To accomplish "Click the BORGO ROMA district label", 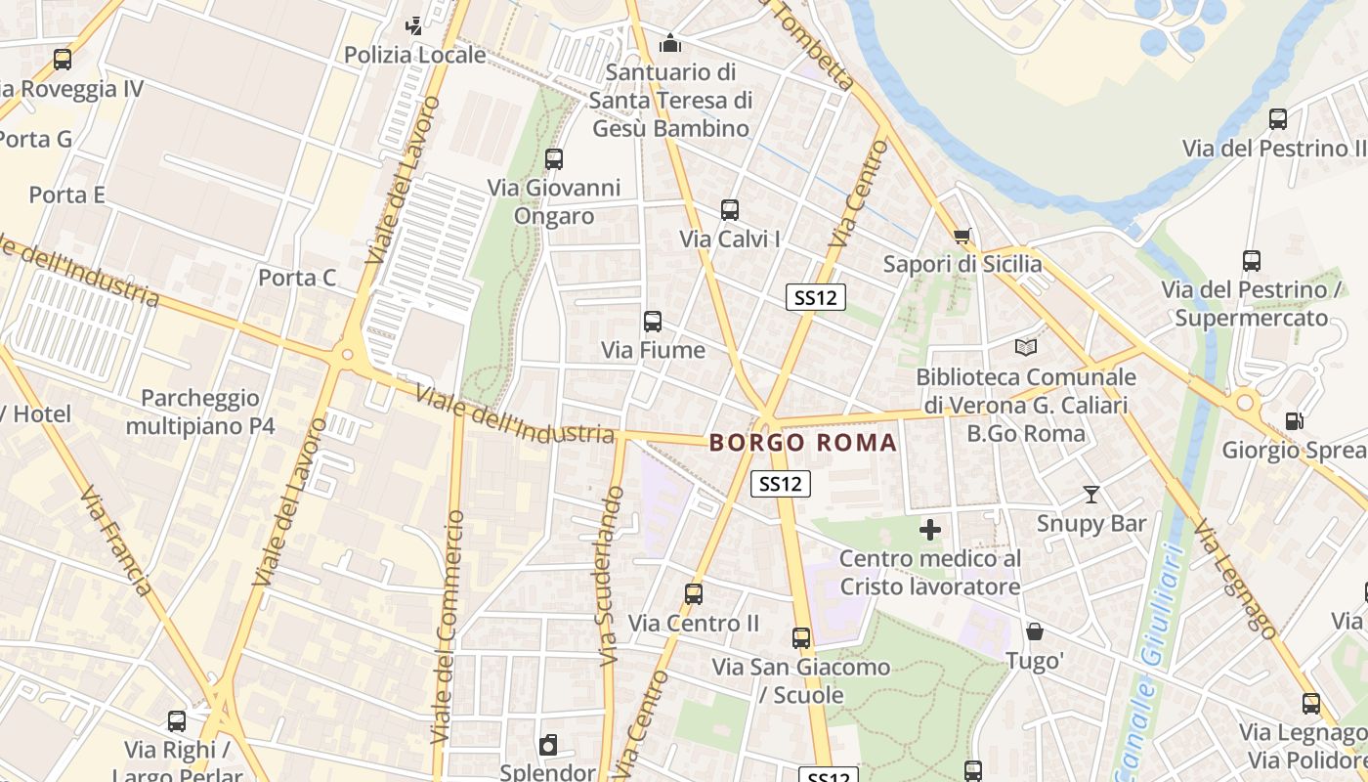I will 802,443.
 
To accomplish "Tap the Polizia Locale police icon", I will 414,25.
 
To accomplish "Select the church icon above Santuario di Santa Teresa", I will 670,42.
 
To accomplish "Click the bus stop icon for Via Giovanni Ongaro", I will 554,158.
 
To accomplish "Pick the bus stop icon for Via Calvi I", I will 729,209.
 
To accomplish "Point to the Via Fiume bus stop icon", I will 653,321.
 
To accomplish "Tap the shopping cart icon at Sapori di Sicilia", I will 962,236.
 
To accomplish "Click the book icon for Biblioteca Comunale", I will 1025,347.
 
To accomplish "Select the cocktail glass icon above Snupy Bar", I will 1091,495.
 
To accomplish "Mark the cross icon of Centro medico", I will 930,530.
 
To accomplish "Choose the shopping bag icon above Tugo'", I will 1035,631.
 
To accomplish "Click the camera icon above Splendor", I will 548,745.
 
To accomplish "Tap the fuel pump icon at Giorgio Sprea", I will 1294,421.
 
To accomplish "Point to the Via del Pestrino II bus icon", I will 1277,119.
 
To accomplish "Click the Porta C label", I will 297,278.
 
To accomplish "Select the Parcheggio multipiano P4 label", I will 200,413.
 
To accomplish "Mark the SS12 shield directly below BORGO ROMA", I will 781,483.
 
